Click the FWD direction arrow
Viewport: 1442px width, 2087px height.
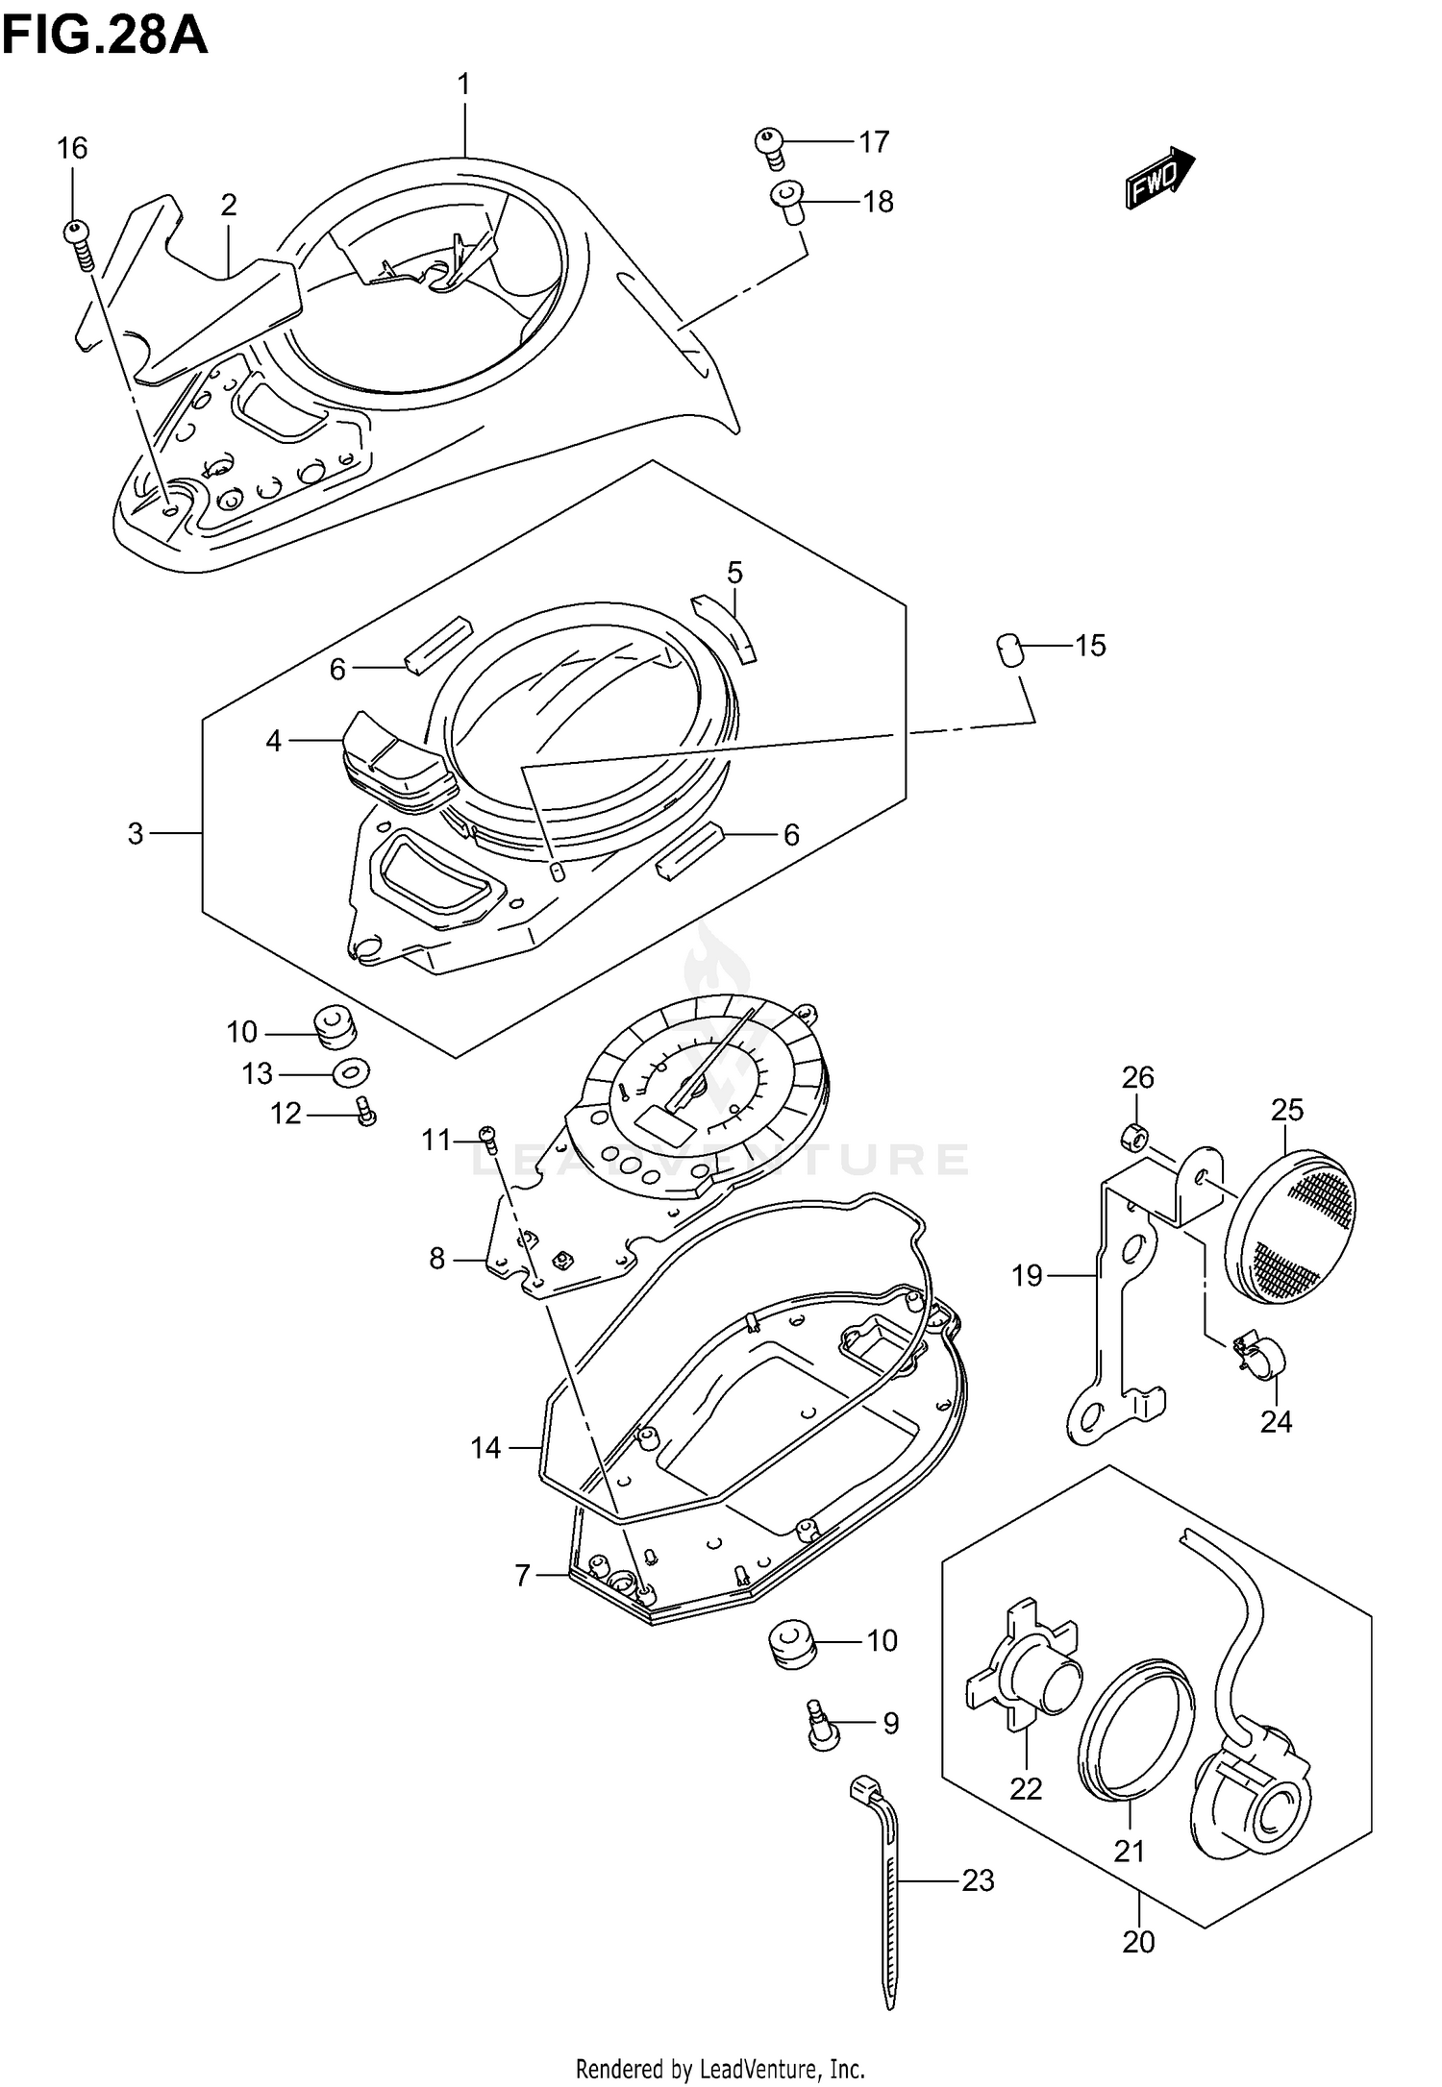point(1159,178)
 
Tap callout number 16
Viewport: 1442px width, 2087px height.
point(72,149)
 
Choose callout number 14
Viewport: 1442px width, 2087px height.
point(486,1447)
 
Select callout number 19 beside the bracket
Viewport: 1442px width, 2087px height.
point(1027,1276)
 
